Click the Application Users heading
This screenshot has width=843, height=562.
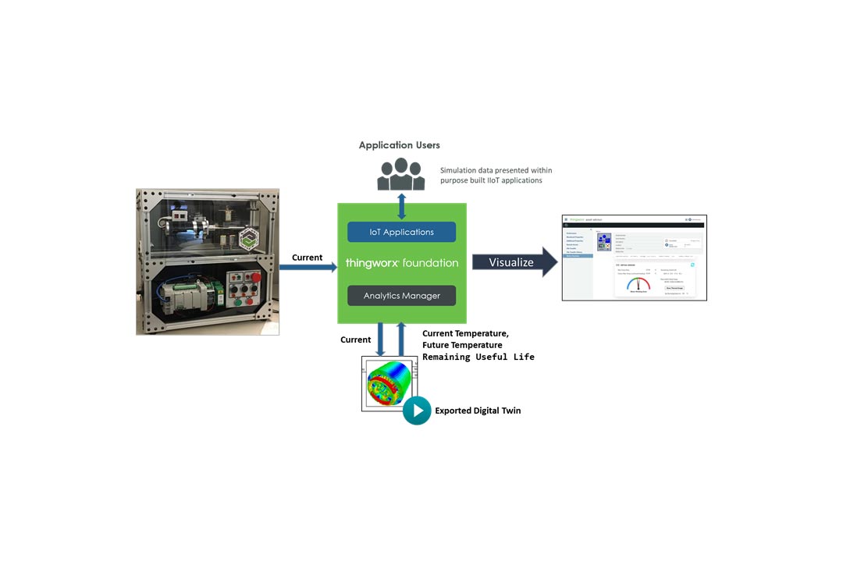coord(399,145)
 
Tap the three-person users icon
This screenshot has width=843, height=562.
coord(401,175)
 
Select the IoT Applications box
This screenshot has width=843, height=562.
coord(401,232)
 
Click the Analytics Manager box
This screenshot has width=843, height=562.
coord(401,296)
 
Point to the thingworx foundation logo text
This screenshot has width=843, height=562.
coord(401,263)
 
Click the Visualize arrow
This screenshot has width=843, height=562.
coord(514,262)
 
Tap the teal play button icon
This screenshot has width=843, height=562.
coord(417,411)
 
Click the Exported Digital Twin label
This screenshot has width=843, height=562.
coord(478,411)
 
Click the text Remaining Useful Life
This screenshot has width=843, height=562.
coord(478,357)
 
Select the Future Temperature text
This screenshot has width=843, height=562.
coord(462,345)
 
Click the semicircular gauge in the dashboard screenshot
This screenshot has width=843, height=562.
coord(638,284)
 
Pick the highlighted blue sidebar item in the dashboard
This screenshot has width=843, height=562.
coord(578,255)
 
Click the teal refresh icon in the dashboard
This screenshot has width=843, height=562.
coord(692,265)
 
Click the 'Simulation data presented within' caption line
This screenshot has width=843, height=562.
coord(496,170)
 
